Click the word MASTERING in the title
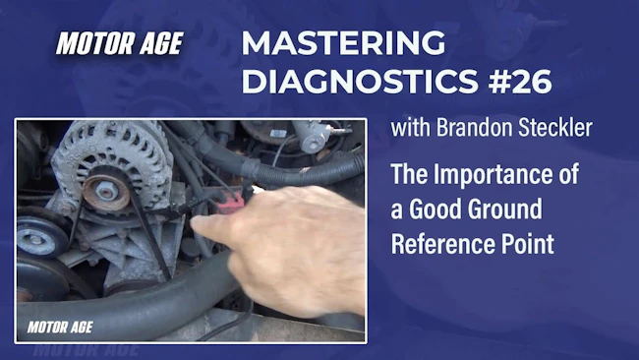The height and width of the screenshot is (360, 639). pos(343,43)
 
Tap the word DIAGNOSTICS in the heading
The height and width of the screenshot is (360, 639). pos(360,82)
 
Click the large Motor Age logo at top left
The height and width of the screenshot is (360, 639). pos(119,43)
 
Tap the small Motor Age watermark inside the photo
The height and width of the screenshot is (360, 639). pos(60,327)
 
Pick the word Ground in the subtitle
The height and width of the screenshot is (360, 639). pos(504,210)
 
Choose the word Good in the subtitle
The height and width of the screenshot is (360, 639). pos(435,210)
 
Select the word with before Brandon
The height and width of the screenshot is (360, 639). pos(410,128)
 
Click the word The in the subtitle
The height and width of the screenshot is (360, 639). pos(409,174)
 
